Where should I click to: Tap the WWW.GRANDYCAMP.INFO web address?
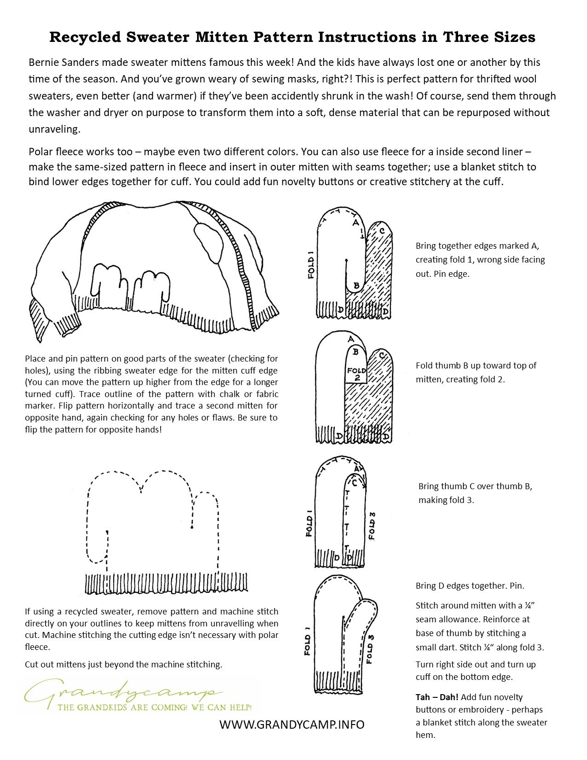(292, 725)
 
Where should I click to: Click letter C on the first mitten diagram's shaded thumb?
(382, 231)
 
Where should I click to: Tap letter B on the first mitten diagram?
(356, 286)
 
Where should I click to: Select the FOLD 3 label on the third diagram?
(372, 526)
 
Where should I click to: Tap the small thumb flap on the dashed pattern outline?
(98, 548)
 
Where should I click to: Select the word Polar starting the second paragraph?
(40, 152)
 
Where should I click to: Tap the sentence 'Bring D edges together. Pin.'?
(470, 586)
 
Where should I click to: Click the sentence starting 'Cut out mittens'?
(123, 664)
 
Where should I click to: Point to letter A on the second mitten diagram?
(351, 340)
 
